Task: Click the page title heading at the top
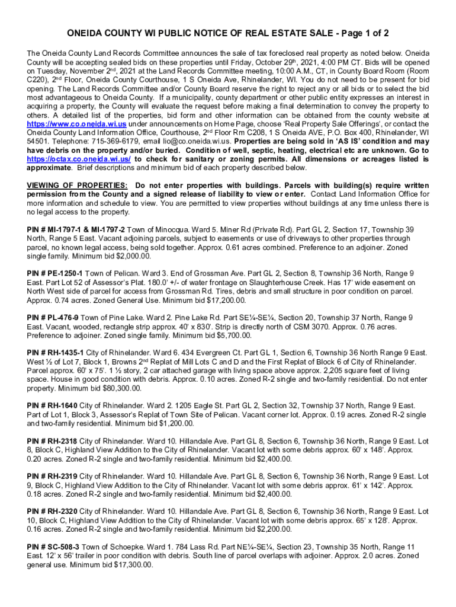pyautogui.click(x=227, y=33)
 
